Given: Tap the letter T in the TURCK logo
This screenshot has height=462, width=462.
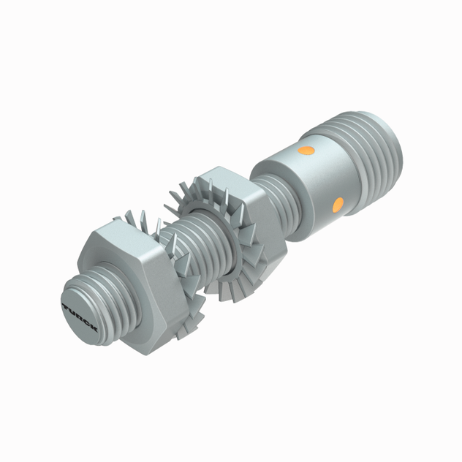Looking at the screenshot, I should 67,308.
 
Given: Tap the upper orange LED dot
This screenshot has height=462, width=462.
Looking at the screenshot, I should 307,151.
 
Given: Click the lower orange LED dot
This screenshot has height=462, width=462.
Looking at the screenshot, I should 337,204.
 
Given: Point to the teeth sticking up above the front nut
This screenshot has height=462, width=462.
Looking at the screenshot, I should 139,219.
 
